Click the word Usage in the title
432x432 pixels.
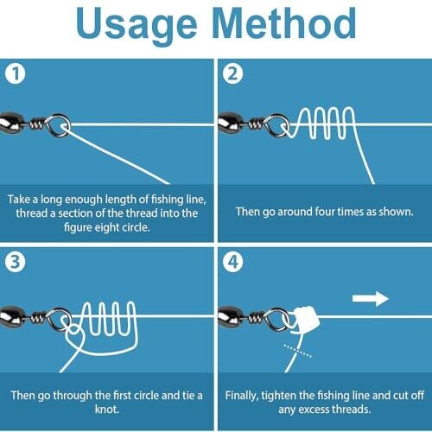click(137, 26)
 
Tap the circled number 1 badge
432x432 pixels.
click(16, 73)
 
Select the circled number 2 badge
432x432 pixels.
click(232, 73)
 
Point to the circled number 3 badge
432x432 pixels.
click(16, 262)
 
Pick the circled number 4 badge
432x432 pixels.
click(232, 262)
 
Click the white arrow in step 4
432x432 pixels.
click(371, 299)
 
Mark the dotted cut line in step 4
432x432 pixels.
click(298, 351)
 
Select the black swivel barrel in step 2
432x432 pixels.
click(231, 122)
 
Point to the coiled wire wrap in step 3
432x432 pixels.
click(38, 318)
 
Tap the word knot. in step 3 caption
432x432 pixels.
click(107, 410)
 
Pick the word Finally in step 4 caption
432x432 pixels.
click(241, 396)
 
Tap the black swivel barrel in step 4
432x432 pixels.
click(231, 315)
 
